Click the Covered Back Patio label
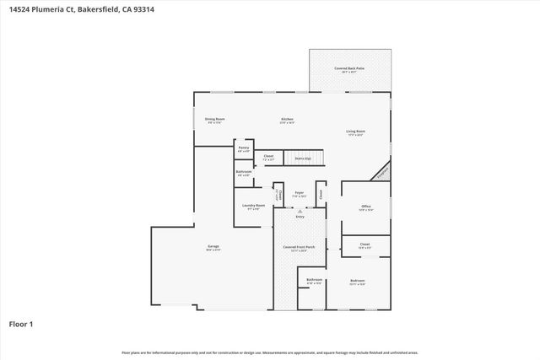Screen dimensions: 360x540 point(348,68)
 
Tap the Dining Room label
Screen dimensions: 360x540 point(214,120)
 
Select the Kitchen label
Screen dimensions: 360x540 point(287,120)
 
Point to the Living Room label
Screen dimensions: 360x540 point(355,132)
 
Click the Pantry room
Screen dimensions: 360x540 point(243,149)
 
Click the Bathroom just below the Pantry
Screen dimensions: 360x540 point(243,174)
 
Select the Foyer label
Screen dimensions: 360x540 point(299,194)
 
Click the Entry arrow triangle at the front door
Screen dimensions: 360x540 point(299,212)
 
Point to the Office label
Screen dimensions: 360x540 point(366,207)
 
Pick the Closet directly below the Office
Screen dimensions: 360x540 point(364,246)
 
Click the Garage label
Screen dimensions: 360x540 point(213,247)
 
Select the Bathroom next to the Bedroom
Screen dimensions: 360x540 point(314,281)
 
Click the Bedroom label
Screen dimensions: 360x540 point(358,281)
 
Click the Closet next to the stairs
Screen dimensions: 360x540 point(268,157)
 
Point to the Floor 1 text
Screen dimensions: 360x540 point(21,324)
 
